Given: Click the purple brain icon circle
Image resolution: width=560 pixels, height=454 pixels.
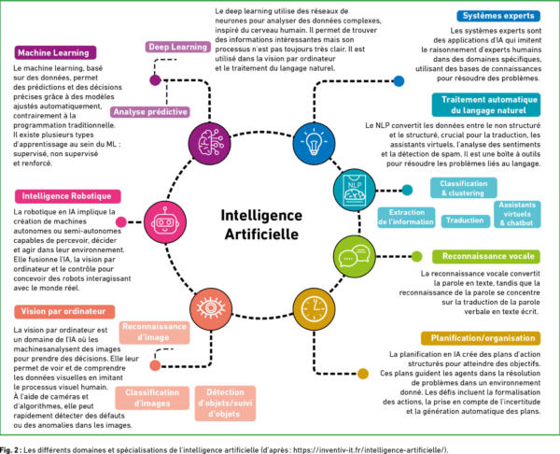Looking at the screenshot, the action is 210,143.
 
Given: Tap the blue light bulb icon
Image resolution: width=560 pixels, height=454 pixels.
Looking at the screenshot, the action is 314,143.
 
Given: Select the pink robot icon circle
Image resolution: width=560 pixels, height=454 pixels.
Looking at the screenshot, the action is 165,222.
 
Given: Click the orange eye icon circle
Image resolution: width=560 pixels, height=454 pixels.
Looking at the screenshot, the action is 211,309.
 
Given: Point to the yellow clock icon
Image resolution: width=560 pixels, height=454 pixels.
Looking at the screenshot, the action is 314,309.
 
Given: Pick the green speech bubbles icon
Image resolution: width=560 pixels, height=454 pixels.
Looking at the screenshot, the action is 355,256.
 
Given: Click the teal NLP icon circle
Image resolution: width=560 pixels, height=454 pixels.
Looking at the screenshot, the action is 355,190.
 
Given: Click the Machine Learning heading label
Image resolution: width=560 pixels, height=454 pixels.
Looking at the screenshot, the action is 55,53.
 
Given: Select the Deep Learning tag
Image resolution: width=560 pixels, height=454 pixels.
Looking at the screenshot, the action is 178,47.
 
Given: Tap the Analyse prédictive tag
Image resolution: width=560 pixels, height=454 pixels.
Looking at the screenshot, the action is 150,112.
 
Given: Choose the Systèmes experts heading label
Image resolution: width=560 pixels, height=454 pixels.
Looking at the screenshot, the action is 498,16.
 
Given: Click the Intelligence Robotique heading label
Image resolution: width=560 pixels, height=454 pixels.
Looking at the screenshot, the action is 68,196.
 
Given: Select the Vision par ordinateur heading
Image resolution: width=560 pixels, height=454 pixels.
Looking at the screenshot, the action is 64,311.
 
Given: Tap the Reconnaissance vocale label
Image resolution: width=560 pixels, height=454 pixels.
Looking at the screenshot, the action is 486,256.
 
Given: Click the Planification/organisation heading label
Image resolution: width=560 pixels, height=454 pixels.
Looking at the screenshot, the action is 481,338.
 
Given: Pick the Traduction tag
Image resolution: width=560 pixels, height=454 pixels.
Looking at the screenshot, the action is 465,220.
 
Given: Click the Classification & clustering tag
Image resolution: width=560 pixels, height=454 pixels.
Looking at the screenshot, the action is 464,188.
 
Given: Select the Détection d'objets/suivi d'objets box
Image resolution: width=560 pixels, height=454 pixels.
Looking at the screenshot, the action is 225,404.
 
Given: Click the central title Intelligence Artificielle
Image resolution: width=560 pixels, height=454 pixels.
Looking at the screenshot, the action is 261,224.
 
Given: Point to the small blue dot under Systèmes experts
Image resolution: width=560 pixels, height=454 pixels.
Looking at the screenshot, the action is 399,81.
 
